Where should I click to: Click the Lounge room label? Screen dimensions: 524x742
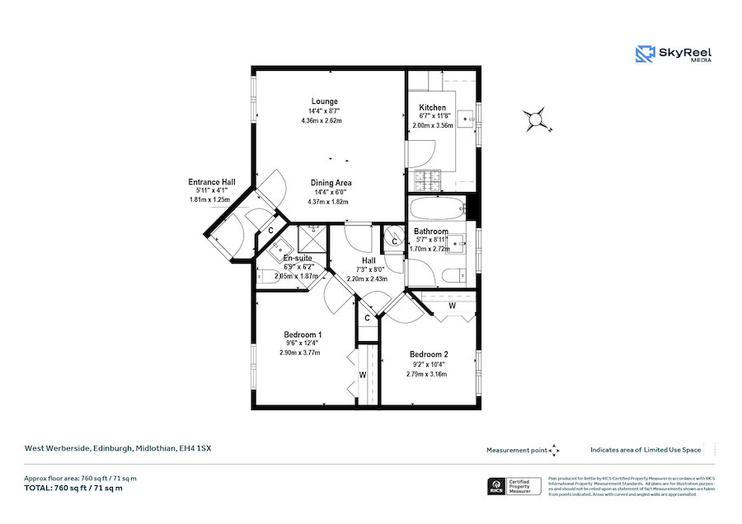[x=324, y=101]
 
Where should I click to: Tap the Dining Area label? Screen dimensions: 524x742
[x=331, y=183]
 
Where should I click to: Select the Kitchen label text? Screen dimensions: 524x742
[x=433, y=108]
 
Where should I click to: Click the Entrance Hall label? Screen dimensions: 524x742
[x=212, y=182]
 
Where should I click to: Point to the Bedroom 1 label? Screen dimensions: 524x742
[x=303, y=335]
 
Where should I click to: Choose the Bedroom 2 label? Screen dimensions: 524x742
[x=430, y=354]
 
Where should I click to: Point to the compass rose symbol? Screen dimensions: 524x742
[x=538, y=119]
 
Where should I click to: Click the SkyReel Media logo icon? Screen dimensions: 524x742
[x=644, y=54]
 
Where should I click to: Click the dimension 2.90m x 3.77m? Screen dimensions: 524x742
[x=299, y=353]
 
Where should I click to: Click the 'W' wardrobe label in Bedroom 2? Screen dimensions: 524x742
[x=452, y=306]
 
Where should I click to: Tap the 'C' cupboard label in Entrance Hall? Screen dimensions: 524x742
[x=271, y=230]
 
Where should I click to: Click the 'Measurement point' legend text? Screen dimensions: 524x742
[x=516, y=450]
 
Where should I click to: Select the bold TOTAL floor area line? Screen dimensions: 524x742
[x=73, y=489]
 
